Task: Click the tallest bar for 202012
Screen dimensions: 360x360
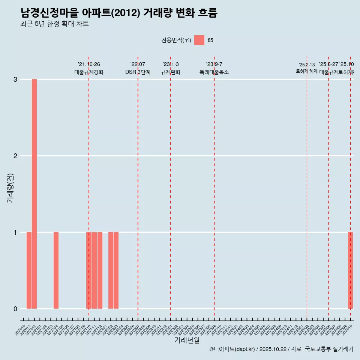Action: (x=34, y=194)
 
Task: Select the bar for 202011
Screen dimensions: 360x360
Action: (x=29, y=270)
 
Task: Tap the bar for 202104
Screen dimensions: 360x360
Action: (x=56, y=270)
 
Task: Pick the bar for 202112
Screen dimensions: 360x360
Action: (x=100, y=270)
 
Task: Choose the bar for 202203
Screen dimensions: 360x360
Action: (x=116, y=270)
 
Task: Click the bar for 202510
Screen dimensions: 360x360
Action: (x=350, y=270)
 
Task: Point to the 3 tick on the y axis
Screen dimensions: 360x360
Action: (x=15, y=79)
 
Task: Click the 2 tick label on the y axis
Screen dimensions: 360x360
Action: (x=15, y=156)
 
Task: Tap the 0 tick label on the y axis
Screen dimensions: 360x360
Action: (x=15, y=309)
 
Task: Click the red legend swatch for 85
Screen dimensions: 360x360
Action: (x=199, y=40)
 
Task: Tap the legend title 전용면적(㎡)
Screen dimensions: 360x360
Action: (x=176, y=40)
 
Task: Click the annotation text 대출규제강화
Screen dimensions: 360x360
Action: (x=89, y=72)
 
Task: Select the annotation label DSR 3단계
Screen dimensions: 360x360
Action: (x=138, y=72)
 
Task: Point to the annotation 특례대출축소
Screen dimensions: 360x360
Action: (x=214, y=72)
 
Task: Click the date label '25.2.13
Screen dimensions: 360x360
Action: (x=307, y=65)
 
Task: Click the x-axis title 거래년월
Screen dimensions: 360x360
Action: (x=187, y=340)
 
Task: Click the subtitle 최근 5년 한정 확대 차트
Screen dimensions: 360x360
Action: (x=55, y=24)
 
